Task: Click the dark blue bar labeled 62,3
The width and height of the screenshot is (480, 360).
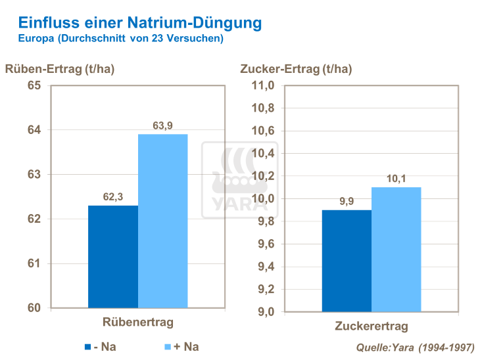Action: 113,256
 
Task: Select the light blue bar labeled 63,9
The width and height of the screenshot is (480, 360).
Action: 163,221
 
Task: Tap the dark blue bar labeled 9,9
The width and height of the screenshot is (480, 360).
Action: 347,260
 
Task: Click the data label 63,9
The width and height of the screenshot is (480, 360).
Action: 162,126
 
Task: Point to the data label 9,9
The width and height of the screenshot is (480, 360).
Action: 347,202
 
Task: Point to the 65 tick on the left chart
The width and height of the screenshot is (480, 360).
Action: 34,85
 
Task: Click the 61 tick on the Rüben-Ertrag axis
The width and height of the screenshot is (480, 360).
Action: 34,263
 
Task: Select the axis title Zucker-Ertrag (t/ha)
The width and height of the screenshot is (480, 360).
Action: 296,69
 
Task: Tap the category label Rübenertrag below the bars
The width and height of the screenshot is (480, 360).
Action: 137,322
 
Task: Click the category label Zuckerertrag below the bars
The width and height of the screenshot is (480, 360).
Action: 372,326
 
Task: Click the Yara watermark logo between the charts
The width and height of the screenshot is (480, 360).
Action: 239,180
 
